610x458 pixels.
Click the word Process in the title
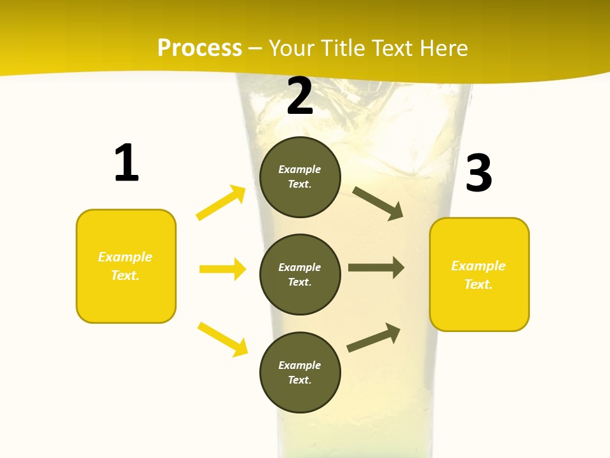[200, 48]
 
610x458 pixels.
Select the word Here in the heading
[442, 48]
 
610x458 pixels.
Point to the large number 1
[126, 163]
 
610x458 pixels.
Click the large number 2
[300, 97]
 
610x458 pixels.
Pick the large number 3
[478, 174]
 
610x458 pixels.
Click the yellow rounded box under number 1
[126, 266]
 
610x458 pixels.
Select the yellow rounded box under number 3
[479, 274]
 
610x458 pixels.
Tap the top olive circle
[300, 177]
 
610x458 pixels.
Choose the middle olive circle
[300, 274]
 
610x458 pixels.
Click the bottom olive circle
[300, 372]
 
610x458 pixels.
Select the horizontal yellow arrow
[222, 269]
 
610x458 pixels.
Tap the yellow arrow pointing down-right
[222, 339]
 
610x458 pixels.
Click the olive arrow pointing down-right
[378, 204]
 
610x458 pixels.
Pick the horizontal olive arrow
[376, 268]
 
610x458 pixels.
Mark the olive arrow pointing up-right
[374, 338]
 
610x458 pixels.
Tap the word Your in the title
[291, 48]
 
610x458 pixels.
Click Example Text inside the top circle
[300, 177]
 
